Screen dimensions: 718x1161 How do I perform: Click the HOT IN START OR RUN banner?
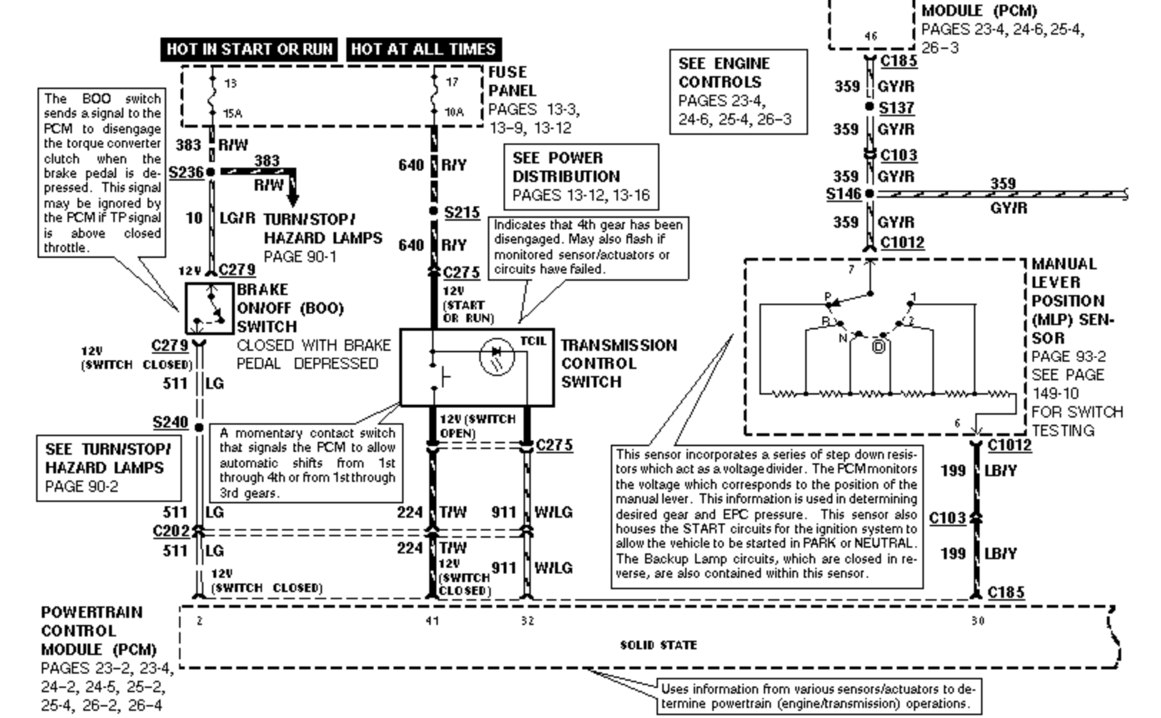249,49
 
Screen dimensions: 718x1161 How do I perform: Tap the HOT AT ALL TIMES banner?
424,49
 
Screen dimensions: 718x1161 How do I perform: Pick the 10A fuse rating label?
454,112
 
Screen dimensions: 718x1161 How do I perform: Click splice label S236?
186,173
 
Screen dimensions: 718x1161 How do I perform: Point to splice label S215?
462,213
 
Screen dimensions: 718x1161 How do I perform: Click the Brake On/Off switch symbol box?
209,308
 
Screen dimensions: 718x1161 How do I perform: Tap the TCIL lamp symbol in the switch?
496,357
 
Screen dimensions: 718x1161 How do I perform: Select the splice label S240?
170,423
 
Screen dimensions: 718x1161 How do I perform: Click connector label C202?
171,531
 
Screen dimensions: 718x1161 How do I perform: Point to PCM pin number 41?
432,621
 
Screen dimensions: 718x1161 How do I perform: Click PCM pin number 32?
527,621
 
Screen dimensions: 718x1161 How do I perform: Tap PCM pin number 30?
977,621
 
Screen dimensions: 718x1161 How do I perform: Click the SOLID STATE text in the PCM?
658,645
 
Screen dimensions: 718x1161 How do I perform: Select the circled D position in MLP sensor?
879,347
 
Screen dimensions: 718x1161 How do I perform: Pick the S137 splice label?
896,108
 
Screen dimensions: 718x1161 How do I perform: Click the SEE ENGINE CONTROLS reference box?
738,91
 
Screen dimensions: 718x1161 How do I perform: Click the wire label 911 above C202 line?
503,512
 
